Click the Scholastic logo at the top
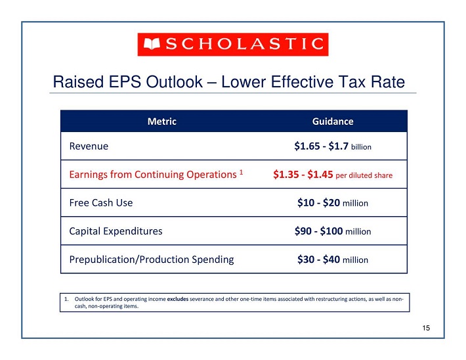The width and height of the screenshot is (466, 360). [x=232, y=44]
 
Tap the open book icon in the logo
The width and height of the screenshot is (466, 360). [x=151, y=45]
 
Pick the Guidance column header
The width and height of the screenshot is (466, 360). [x=333, y=122]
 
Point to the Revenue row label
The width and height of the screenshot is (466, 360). [x=89, y=146]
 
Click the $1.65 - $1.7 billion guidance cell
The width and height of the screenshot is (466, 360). [x=333, y=146]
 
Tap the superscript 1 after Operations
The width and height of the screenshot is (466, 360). [x=242, y=172]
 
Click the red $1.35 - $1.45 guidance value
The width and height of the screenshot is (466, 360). [x=303, y=175]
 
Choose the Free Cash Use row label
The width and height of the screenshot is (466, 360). [x=101, y=203]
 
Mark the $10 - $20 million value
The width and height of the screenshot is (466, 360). [x=333, y=203]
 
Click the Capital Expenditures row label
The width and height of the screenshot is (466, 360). [x=116, y=231]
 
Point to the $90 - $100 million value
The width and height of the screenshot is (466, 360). [x=333, y=231]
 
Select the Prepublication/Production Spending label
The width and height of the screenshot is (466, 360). [x=151, y=259]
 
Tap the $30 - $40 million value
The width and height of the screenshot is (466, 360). [x=333, y=259]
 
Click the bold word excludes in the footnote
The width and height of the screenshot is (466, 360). [x=178, y=299]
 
